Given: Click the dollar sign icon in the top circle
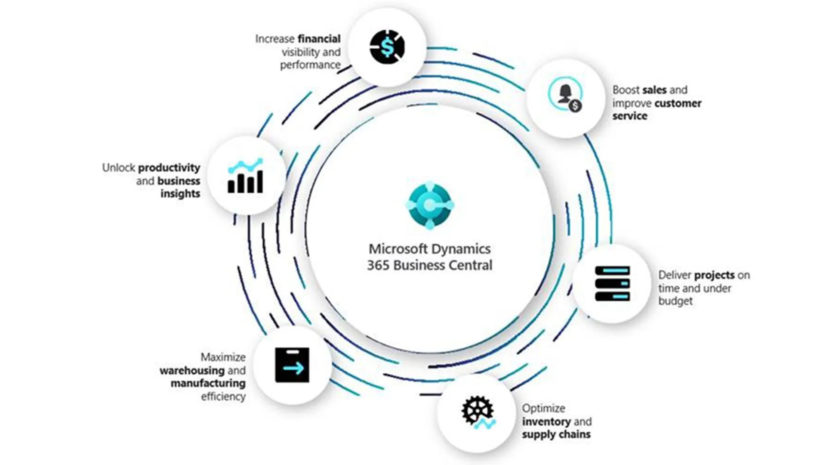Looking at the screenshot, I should [387, 47].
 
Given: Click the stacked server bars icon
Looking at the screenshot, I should [612, 283].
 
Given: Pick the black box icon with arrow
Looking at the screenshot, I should [292, 365].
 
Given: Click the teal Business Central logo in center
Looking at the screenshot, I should [429, 205].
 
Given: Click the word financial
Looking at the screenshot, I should [319, 39].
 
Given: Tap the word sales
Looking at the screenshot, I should [654, 90].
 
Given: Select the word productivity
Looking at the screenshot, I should [169, 167].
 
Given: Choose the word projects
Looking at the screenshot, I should [714, 275].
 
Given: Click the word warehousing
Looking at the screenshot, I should [192, 370].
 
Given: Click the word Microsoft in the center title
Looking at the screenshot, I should [398, 249].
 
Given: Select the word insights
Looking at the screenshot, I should [180, 194].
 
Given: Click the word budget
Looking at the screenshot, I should [675, 301].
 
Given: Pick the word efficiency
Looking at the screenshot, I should [223, 396].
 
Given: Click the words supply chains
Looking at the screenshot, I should [556, 434].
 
